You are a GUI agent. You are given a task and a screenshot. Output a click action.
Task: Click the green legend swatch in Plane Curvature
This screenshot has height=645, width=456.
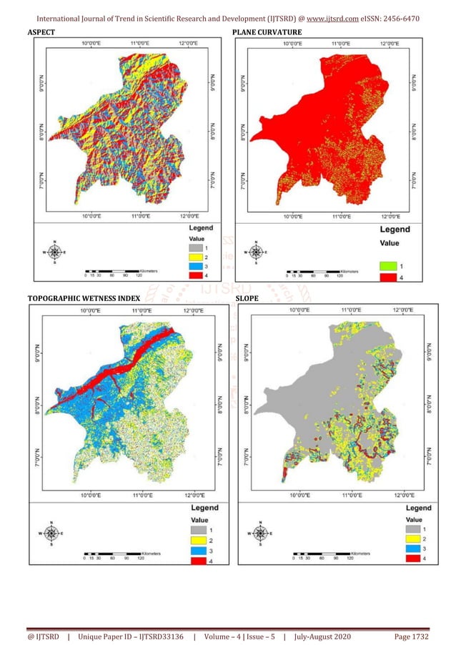coord(387,265)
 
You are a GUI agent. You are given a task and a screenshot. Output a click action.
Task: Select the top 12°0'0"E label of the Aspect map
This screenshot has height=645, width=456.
coord(185,43)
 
